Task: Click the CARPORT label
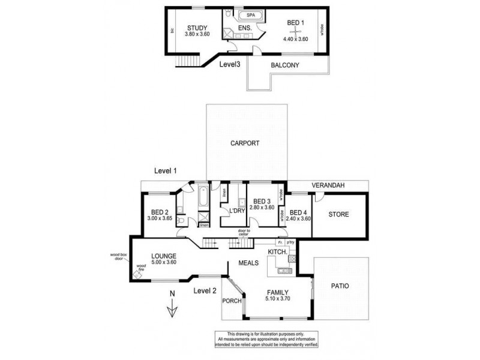[x=245, y=143]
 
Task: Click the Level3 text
[x=230, y=64]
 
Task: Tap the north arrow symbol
[x=172, y=305]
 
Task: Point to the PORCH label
[x=231, y=301]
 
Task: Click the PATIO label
[x=340, y=286]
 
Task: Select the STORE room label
[x=338, y=214]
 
